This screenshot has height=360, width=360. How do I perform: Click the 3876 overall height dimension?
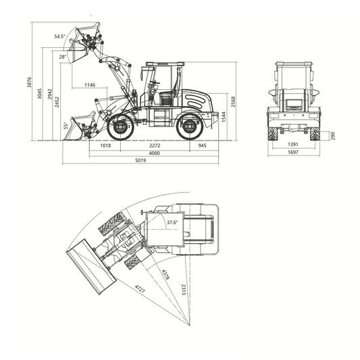pyautogui.click(x=29, y=82)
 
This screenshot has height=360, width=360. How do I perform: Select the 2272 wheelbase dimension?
pyautogui.click(x=155, y=145)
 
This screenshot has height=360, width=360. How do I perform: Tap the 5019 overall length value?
pyautogui.click(x=140, y=160)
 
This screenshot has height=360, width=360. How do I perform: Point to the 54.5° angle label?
pyautogui.click(x=59, y=36)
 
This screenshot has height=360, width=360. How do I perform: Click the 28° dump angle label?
pyautogui.click(x=63, y=57)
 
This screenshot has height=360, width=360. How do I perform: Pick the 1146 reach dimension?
pyautogui.click(x=90, y=85)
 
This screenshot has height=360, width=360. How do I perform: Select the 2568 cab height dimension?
pyautogui.click(x=233, y=101)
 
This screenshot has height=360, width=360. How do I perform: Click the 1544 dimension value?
pyautogui.click(x=224, y=117)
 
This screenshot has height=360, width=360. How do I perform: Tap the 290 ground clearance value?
pyautogui.click(x=333, y=136)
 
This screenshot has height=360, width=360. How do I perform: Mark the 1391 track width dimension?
pyautogui.click(x=293, y=145)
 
